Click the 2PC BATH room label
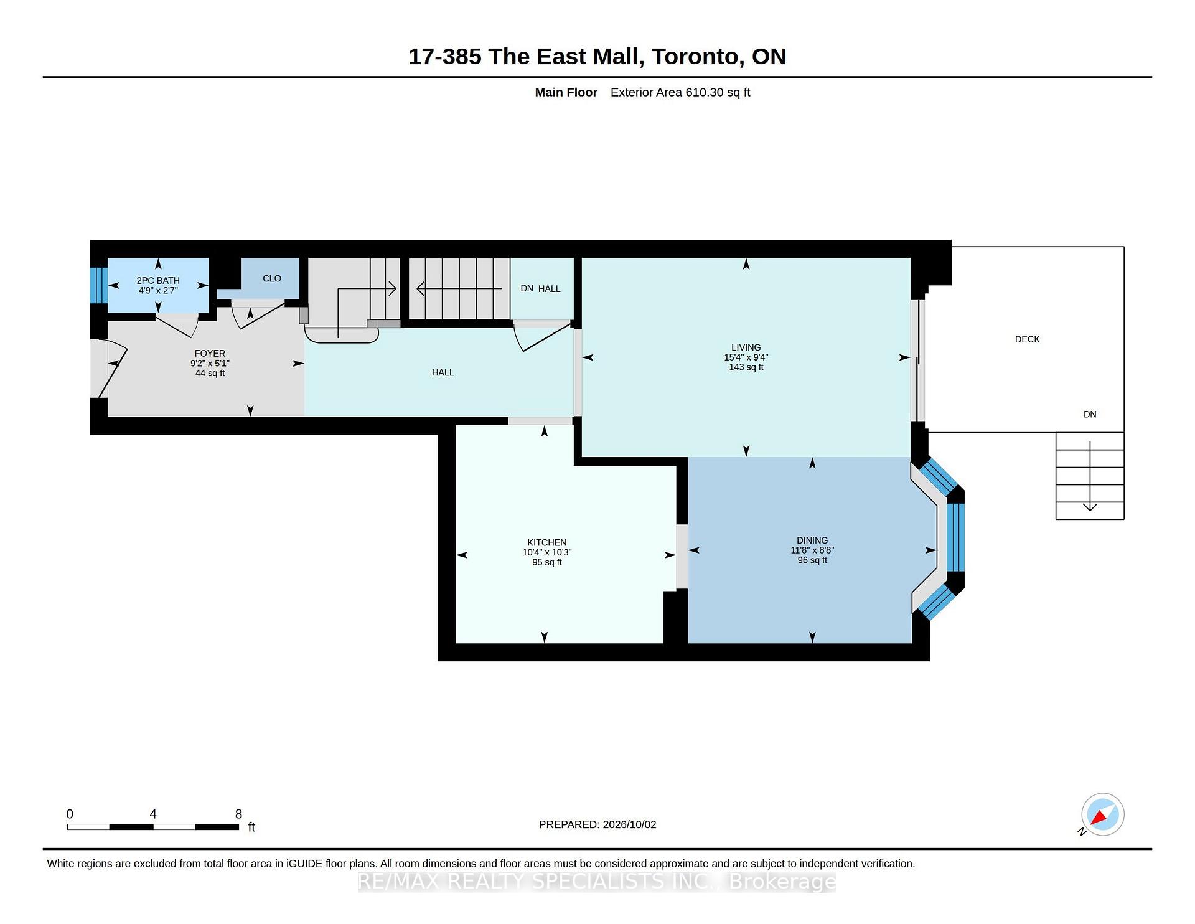(x=158, y=281)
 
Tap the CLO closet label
(x=272, y=278)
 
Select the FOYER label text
(x=210, y=354)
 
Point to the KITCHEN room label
(x=547, y=543)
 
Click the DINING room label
(x=812, y=540)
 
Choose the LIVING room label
(x=746, y=347)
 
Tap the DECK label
(x=1028, y=339)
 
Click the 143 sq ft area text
(x=746, y=367)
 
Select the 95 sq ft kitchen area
(x=547, y=562)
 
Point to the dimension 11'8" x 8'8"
(x=812, y=550)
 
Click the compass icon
(x=1102, y=814)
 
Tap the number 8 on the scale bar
(x=238, y=814)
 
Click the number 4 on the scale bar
(x=153, y=814)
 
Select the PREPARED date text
(x=597, y=824)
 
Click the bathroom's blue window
(x=98, y=285)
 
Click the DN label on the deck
(x=1090, y=415)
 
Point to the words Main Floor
(x=566, y=92)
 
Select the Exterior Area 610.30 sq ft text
(x=680, y=92)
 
